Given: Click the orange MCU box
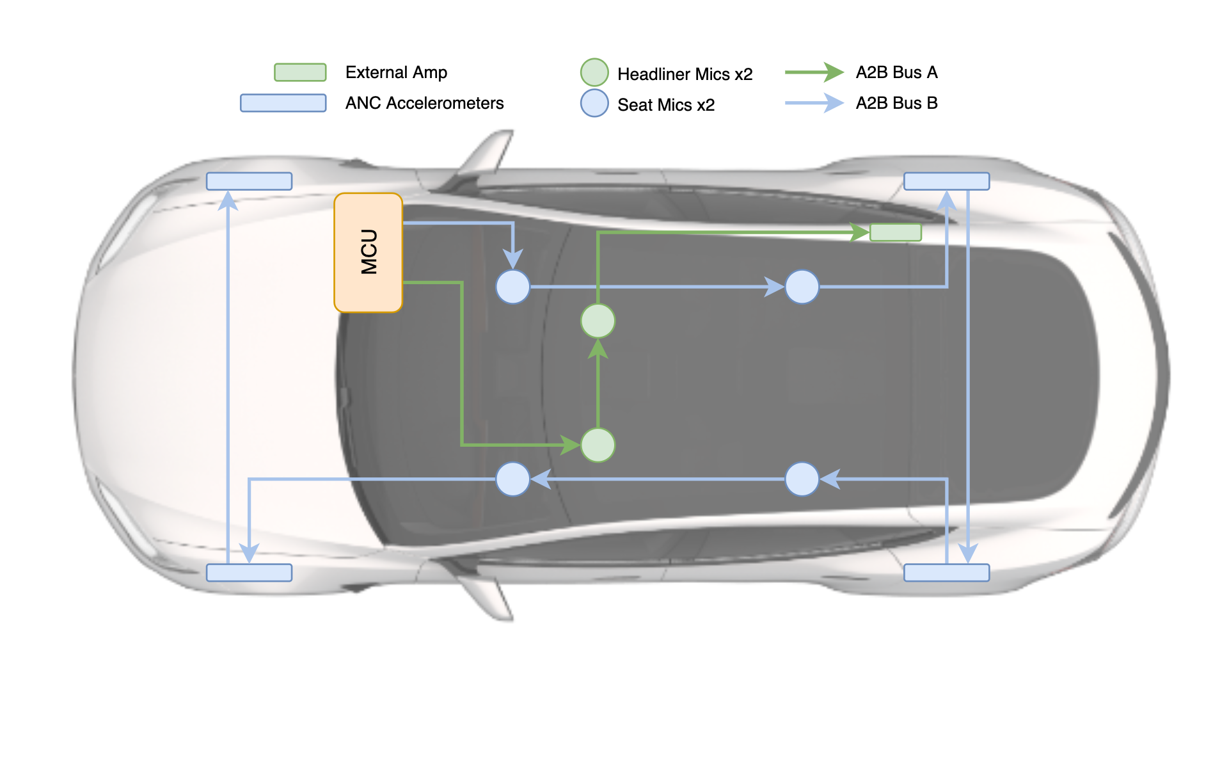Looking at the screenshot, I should coord(368,253).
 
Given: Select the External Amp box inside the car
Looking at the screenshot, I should coord(896,232).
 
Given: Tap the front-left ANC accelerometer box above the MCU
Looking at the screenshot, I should coord(249,181).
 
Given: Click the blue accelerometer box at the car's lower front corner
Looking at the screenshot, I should coord(249,573).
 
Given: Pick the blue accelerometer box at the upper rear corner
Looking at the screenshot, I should coord(946,181).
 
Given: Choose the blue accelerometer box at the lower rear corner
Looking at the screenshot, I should coord(946,573).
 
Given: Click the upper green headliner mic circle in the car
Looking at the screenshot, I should coord(598,321).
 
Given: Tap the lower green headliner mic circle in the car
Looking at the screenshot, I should coord(598,445).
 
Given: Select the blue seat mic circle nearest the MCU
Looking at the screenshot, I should coord(512,286).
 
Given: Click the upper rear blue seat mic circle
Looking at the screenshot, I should coord(802,286).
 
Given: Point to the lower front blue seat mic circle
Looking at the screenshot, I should coord(512,479).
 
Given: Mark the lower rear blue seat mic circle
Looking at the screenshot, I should coord(802,479).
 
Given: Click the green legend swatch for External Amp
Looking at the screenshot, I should coord(300,72).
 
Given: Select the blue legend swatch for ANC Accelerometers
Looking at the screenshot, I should coord(283,103).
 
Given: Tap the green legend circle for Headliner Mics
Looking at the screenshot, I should coord(594,72).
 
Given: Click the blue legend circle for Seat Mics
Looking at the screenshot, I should coord(594,103).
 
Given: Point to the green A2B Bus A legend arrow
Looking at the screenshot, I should coord(814,72).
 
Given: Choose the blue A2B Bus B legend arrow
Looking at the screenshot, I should coord(814,103).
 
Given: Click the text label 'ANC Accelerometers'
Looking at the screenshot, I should coord(424,103).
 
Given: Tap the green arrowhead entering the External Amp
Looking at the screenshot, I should coord(859,232).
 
